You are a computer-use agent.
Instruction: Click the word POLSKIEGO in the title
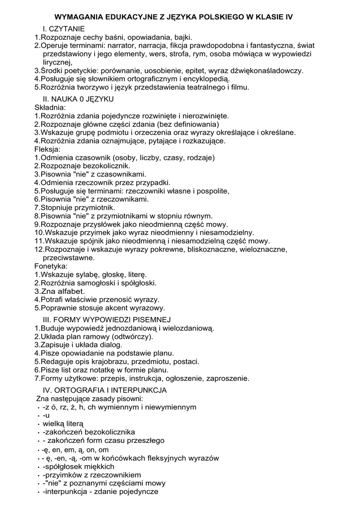pos(215,17)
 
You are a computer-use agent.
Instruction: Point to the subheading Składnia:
pos(50,107)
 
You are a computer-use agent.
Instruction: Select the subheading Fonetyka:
pos(51,266)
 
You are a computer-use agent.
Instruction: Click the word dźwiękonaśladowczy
pos(265,71)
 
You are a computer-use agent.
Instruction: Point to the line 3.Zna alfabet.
pos(60,291)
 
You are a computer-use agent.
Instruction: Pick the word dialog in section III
pos(111,344)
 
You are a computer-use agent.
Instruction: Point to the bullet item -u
pos(46,415)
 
